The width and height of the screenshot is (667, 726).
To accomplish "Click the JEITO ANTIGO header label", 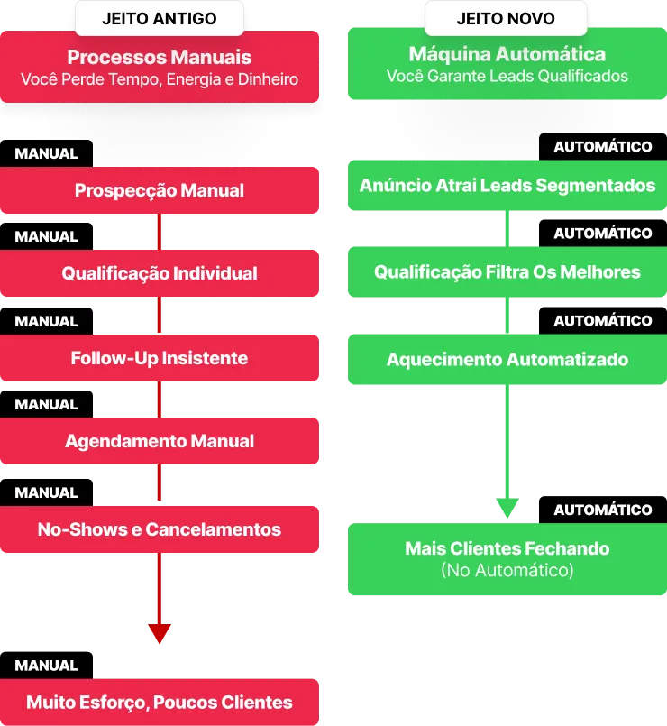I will coord(159,18).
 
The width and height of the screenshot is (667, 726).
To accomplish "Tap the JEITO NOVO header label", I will coord(506,18).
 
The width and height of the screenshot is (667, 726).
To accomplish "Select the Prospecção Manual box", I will coord(160,190).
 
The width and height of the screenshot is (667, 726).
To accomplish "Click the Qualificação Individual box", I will coord(160,273).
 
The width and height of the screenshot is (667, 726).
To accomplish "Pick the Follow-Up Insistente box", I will coord(160,358).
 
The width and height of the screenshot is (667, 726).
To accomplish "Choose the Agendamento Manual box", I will coord(160,441).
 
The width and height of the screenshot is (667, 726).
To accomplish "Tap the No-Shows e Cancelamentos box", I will coord(160,529).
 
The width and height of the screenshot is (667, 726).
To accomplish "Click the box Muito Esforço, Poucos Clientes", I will coord(160,702).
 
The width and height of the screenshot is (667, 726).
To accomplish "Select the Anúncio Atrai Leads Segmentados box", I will coord(507,186).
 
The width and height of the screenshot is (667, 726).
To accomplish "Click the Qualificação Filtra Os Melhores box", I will coord(507,271).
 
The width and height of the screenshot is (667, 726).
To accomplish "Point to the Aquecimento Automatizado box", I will coord(507,359).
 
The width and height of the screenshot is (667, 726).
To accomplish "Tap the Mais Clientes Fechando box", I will coord(507,548).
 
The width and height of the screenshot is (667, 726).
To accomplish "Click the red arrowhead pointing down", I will coord(160,632).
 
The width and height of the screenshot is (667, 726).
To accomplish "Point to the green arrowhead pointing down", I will coord(507,507).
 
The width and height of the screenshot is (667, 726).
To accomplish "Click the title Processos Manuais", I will coord(160,57).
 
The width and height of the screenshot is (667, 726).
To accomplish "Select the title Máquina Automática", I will coord(507,54).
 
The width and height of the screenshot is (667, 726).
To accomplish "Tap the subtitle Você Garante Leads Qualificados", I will coord(507,77).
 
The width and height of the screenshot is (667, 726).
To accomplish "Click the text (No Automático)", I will coord(507,570).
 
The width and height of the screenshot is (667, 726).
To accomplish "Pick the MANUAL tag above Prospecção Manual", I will coord(47,153).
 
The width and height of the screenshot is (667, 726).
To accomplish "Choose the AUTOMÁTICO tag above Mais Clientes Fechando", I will coord(602,510).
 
